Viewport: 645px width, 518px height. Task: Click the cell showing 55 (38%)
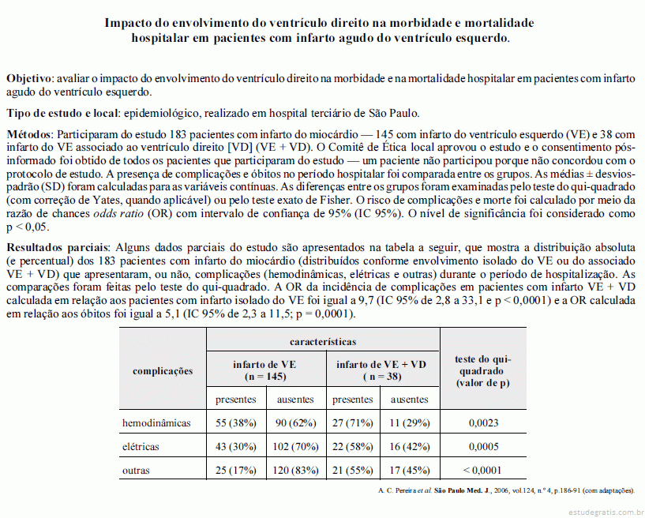tap(236, 423)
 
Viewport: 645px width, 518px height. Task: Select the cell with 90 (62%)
tap(296, 423)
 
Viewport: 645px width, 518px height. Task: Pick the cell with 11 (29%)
tap(410, 423)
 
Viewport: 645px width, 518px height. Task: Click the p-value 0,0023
tap(483, 423)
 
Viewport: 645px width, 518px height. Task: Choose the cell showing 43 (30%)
tap(236, 447)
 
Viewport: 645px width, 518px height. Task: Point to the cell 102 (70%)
tap(296, 447)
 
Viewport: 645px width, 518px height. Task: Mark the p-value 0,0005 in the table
tap(483, 447)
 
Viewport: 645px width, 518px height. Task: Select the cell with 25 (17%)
tap(236, 471)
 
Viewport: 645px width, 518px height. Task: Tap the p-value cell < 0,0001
tap(483, 471)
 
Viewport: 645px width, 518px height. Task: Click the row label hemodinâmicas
tap(156, 423)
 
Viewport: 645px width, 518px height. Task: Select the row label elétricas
tap(141, 447)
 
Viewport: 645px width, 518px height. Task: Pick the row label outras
tap(135, 471)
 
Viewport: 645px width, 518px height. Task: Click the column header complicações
tap(163, 370)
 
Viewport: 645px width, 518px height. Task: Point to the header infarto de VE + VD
tap(381, 364)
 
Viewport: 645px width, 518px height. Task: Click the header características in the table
tap(323, 341)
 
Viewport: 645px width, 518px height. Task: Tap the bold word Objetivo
tap(29, 79)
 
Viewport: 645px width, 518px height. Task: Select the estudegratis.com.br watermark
tap(601, 511)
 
